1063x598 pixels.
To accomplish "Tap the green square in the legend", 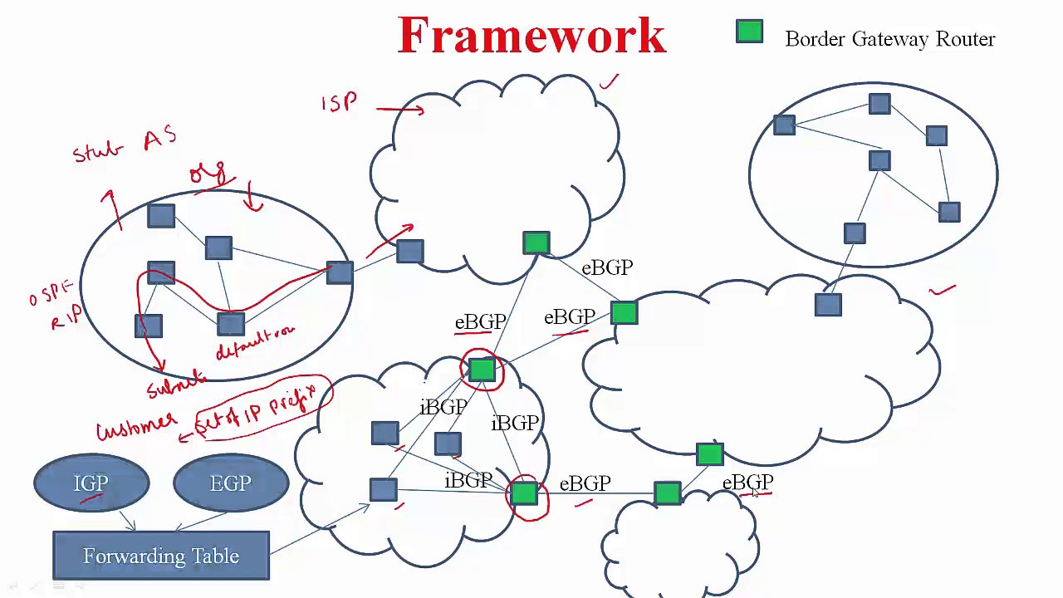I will click(x=749, y=32).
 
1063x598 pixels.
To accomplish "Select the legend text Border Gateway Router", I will click(x=889, y=39).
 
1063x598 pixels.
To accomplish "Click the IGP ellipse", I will click(x=91, y=483).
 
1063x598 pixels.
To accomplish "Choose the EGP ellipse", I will click(x=231, y=483).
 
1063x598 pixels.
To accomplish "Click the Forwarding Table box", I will click(x=161, y=556).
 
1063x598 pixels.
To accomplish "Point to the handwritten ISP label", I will click(x=340, y=102).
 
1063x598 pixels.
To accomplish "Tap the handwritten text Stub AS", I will click(x=125, y=146).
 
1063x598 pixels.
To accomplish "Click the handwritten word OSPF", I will click(x=51, y=293).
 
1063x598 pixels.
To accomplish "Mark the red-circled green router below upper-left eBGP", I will click(x=482, y=370).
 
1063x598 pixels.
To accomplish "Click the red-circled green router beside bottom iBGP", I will click(x=524, y=494).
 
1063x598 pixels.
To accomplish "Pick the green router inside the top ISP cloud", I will click(x=536, y=243).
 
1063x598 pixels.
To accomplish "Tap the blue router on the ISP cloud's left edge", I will click(x=409, y=251).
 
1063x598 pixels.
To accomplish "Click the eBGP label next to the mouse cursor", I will click(x=747, y=483).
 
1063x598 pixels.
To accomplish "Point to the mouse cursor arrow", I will click(x=755, y=493).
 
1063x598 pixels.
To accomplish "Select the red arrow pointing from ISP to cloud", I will click(x=399, y=108).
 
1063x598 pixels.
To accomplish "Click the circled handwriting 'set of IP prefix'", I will click(x=264, y=404).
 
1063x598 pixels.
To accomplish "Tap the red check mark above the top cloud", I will click(x=610, y=81).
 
